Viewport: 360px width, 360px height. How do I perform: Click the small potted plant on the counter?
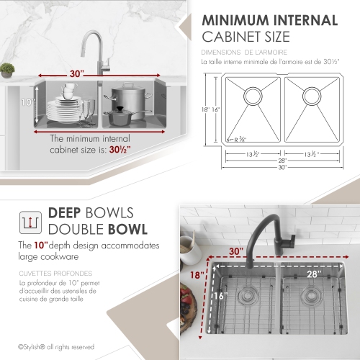click(x=7, y=70)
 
